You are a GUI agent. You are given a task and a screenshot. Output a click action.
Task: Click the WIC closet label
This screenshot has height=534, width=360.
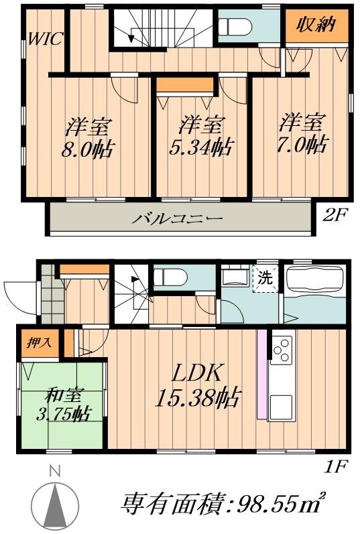point(45,39)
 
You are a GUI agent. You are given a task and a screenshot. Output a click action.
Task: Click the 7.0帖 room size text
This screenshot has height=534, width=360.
point(303,144)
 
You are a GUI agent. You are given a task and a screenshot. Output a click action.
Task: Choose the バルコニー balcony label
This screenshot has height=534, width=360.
point(177,219)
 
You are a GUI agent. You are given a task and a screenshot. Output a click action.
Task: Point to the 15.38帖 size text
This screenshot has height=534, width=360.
point(198,400)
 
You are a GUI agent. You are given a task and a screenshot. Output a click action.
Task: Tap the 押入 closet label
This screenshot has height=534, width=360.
point(31,342)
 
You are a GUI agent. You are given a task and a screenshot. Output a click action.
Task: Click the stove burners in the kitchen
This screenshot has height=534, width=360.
point(282,348)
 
